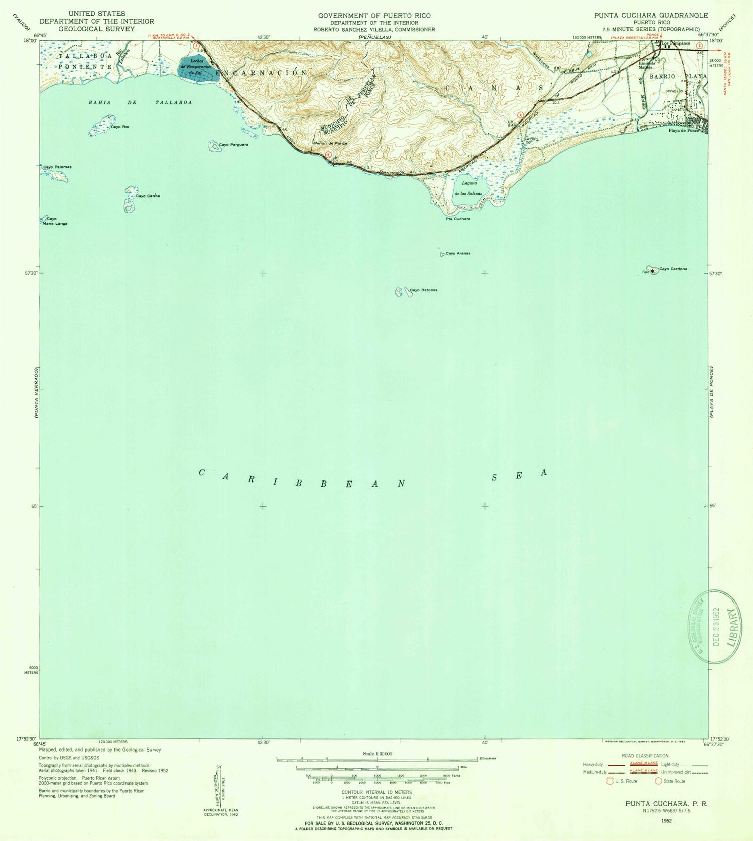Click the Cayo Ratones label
[x=424, y=290]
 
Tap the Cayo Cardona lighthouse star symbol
[x=652, y=271]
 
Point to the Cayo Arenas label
[x=458, y=253]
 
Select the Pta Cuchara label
[x=457, y=219]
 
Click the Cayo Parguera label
[x=233, y=145]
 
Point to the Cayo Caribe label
[x=147, y=196]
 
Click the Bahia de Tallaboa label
[x=140, y=102]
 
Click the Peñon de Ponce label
[x=330, y=143]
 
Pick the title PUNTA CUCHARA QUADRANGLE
[x=651, y=15]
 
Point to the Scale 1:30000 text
[x=378, y=754]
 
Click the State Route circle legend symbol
[x=658, y=781]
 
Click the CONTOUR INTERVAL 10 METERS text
[x=376, y=792]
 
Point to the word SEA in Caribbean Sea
[x=519, y=475]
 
